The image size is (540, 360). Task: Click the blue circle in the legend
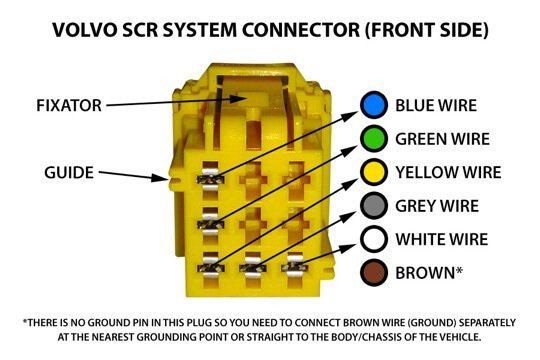pos(374,105)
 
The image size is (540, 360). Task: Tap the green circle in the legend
pos(374,138)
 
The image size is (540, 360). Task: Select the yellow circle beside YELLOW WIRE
pos(374,172)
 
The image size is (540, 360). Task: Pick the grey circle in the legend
pos(374,206)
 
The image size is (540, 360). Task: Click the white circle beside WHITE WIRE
pos(374,239)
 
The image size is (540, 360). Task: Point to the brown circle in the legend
pos(374,272)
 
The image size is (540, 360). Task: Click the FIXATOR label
pos(69,105)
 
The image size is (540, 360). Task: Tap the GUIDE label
pos(69,173)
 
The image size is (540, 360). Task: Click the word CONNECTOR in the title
pos(301,30)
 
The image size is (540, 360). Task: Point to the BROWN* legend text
pos(429,273)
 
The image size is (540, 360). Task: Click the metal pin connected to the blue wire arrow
pos(210,179)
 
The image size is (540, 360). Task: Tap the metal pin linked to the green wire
pos(210,225)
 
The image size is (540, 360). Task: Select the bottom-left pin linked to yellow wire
pos(210,268)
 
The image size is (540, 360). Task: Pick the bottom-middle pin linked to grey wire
pos(252,268)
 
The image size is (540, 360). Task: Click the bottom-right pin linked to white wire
pos(294,267)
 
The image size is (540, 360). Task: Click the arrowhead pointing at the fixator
pos(238,99)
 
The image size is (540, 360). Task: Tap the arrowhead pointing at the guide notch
pos(160,177)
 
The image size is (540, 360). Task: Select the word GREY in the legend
pos(416,206)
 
